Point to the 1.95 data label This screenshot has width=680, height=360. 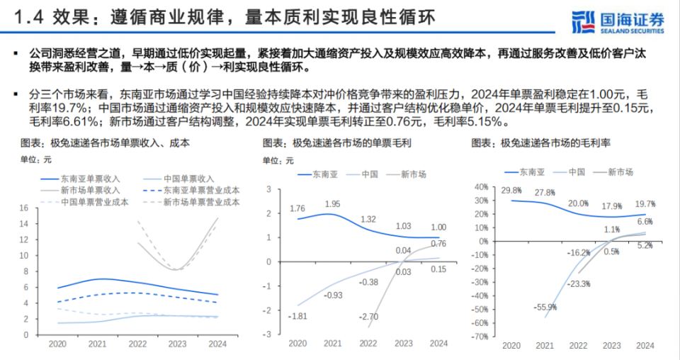[332, 204]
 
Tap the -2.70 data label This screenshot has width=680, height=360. [368, 317]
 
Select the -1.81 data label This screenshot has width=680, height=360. [298, 315]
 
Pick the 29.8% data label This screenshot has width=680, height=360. [511, 191]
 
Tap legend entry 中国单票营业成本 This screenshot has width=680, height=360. [88, 202]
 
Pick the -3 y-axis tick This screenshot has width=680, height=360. [268, 334]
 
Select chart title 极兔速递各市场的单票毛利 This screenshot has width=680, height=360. [337, 143]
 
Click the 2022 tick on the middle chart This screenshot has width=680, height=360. [368, 344]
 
